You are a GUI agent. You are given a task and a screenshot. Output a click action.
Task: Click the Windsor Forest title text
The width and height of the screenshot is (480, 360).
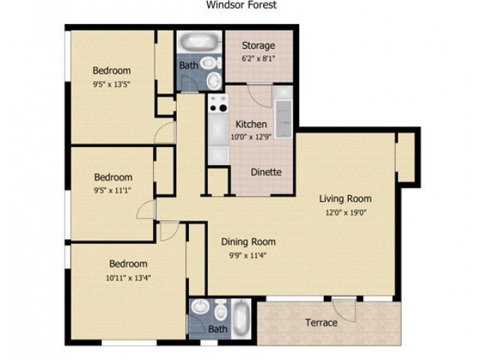(241, 4)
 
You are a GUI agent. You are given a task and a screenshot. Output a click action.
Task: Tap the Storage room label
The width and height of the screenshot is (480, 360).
(258, 46)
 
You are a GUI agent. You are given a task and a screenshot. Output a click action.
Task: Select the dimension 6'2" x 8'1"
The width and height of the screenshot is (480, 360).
(258, 58)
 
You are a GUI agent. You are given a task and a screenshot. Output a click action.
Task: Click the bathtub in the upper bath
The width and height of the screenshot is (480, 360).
(199, 42)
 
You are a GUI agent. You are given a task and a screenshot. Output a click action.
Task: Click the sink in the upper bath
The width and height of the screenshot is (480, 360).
(214, 81)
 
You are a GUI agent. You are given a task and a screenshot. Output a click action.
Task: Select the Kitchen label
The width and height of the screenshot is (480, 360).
(251, 124)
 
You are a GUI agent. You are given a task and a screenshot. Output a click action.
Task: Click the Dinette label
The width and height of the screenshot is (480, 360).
(266, 172)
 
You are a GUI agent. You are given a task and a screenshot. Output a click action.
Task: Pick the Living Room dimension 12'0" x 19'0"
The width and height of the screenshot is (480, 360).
(346, 212)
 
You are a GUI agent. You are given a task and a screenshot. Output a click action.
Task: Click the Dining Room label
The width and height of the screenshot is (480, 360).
(248, 241)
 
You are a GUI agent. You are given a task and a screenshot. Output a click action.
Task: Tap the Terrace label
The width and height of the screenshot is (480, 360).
(322, 322)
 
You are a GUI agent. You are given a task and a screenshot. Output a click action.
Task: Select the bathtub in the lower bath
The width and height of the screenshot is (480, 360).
(241, 319)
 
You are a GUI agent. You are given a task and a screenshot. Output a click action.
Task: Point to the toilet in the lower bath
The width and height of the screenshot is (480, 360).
(220, 310)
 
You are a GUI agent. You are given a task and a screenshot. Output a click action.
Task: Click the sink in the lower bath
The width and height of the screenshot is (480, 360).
(200, 307)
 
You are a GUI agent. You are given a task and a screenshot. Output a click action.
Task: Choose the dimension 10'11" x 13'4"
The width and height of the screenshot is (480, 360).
(128, 278)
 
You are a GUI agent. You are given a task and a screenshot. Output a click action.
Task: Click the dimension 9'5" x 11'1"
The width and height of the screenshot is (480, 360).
(112, 190)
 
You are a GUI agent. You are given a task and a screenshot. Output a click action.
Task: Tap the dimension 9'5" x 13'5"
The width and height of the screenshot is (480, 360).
(112, 84)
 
